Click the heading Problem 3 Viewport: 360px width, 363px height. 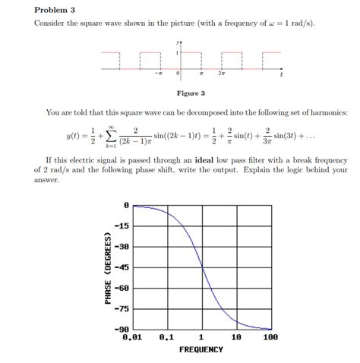pyautogui.click(x=55, y=11)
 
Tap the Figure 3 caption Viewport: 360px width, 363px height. pyautogui.click(x=191, y=93)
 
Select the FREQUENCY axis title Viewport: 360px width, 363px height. pyautogui.click(x=201, y=349)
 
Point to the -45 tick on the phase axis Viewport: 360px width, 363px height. pyautogui.click(x=122, y=267)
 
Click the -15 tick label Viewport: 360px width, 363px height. pyautogui.click(x=122, y=226)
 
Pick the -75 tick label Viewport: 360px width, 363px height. pyautogui.click(x=122, y=308)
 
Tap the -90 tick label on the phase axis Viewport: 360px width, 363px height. pyautogui.click(x=122, y=328)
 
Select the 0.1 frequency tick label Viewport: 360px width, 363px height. pyautogui.click(x=166, y=336)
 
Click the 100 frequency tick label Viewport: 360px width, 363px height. pyautogui.click(x=270, y=336)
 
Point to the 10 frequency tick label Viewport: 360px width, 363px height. pyautogui.click(x=236, y=336)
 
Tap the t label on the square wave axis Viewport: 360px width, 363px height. pyautogui.click(x=281, y=76)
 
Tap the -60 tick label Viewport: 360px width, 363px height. pyautogui.click(x=122, y=288)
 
